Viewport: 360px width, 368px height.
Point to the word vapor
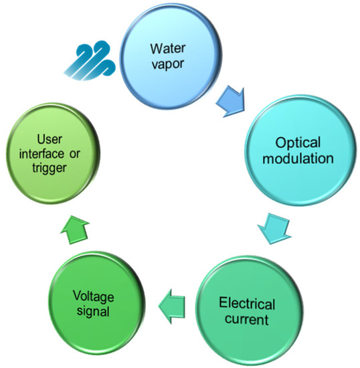click(166, 64)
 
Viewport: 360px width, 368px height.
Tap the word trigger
click(52, 169)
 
